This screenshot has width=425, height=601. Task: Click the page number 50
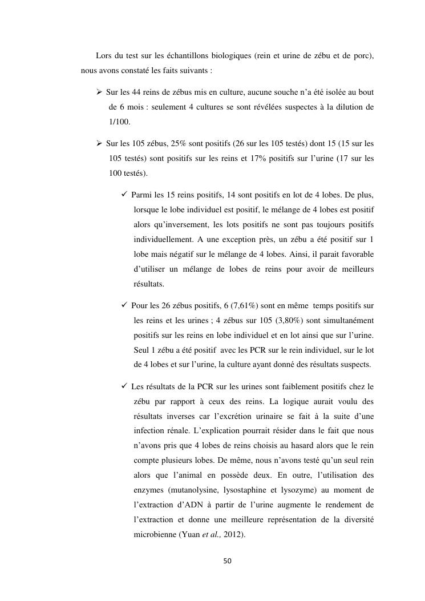pos(227,561)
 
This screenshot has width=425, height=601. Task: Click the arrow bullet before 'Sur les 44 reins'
pos(99,92)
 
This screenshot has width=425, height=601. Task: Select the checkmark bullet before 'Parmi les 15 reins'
pos(125,195)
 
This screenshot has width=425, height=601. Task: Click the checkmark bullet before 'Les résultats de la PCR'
pos(125,386)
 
